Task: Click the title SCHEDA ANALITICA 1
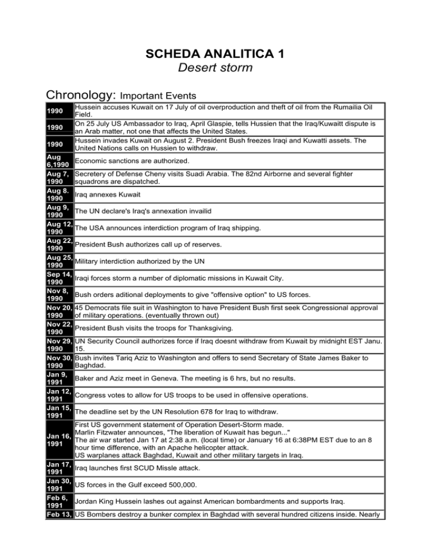(x=215, y=57)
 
